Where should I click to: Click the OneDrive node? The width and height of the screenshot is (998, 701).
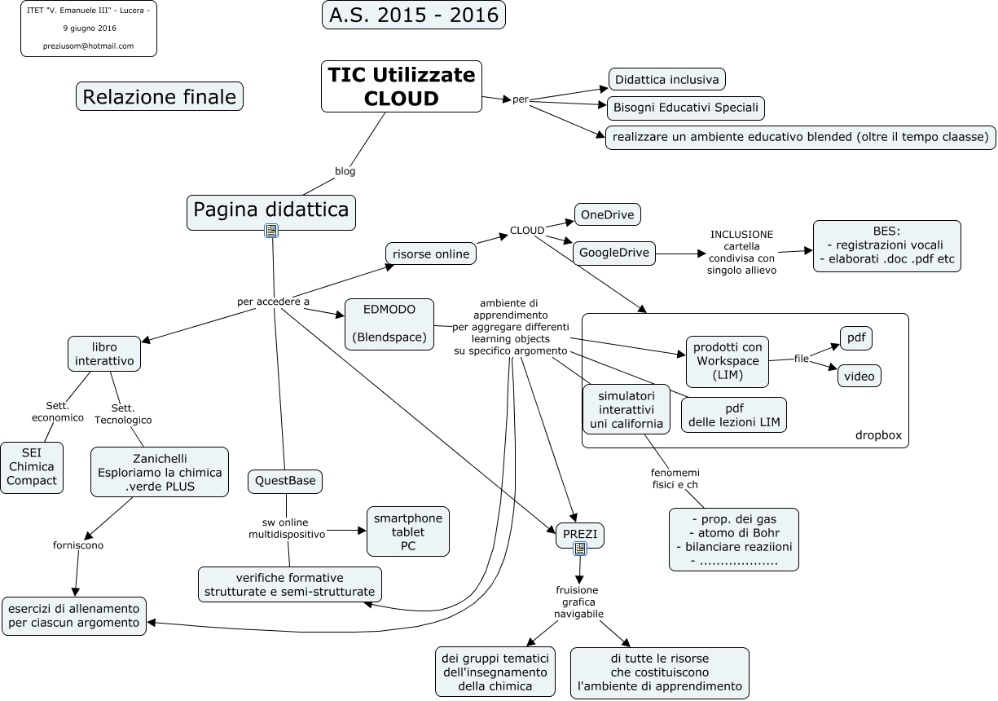(x=607, y=214)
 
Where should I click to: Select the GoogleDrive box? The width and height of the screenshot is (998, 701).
(x=614, y=253)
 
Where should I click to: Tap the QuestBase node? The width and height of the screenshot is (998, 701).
(x=285, y=481)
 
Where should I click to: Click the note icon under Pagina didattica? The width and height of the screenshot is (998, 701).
(x=271, y=231)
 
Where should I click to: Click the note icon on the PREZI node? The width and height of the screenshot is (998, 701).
(x=580, y=549)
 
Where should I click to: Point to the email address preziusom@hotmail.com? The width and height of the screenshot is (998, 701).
(x=88, y=46)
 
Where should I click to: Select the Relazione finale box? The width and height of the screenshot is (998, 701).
(x=160, y=96)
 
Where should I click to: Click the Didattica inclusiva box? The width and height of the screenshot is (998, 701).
(x=667, y=79)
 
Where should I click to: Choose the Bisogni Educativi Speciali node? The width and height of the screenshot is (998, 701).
(x=686, y=108)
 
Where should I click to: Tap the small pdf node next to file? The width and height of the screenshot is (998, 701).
(x=856, y=338)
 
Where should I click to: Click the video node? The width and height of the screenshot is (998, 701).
(x=859, y=376)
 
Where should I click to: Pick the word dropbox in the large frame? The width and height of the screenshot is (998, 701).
(x=878, y=435)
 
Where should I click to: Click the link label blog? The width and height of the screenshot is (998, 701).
(x=345, y=171)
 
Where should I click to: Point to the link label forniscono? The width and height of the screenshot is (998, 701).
(x=78, y=545)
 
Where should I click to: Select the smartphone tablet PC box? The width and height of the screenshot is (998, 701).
(x=407, y=531)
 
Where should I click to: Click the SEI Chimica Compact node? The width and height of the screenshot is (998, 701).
(x=32, y=467)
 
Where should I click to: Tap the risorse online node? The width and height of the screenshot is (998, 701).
(x=431, y=254)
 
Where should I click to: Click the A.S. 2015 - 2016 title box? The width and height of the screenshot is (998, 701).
(x=414, y=15)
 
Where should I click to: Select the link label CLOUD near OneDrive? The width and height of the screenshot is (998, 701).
(x=527, y=231)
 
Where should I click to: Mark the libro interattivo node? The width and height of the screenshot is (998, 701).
(x=104, y=354)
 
